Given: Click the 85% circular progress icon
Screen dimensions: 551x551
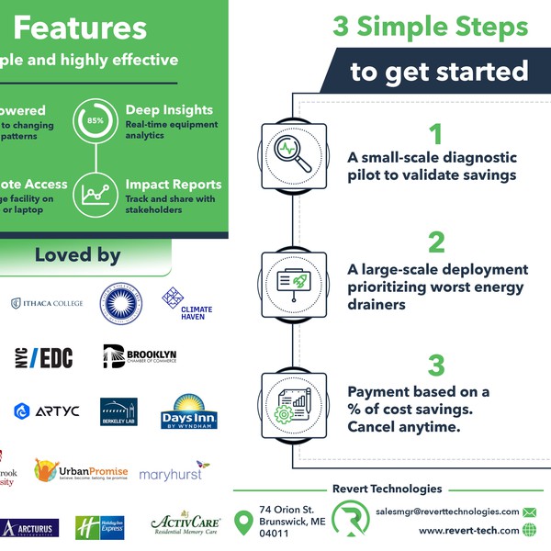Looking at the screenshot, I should click(96, 121).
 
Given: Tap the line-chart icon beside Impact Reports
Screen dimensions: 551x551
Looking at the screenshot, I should click(96, 193).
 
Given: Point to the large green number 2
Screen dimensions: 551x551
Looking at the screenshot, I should click(436, 242).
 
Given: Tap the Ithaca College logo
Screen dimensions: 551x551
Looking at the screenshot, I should click(47, 304).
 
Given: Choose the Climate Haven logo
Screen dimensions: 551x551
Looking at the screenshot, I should click(187, 304).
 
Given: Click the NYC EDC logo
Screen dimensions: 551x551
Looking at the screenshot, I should click(43, 358).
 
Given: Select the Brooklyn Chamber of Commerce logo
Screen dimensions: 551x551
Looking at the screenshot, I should click(140, 356).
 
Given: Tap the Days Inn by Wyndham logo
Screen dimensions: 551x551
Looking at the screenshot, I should click(188, 411).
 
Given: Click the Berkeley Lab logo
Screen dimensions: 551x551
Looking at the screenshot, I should click(118, 411).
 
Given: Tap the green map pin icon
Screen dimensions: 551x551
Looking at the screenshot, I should click(243, 522).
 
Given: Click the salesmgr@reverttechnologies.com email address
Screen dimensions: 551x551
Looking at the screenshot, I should click(447, 512).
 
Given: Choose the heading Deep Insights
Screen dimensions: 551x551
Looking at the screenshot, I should click(169, 110).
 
